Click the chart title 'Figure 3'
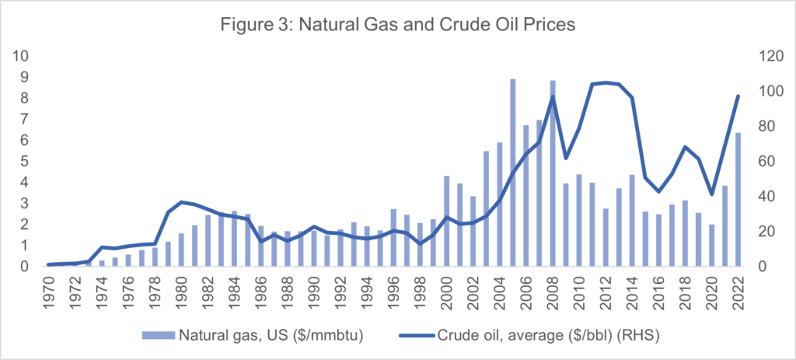pyautogui.click(x=397, y=24)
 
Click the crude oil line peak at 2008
pyautogui.click(x=553, y=96)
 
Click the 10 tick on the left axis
pyautogui.click(x=23, y=57)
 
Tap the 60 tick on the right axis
pyautogui.click(x=766, y=162)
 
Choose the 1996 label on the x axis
pyautogui.click(x=394, y=294)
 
